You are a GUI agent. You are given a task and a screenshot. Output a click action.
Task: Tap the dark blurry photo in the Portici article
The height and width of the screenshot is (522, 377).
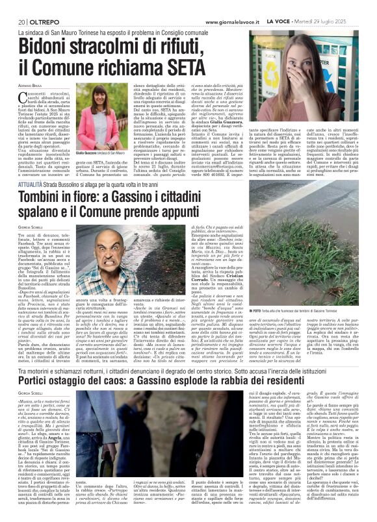click(x=140, y=448)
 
